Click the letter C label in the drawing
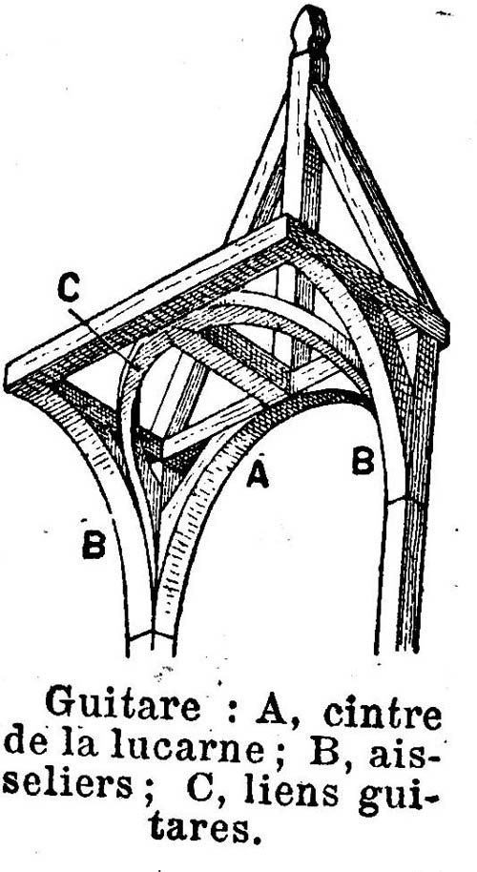[x=69, y=290]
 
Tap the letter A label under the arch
[x=258, y=475]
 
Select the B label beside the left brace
[x=93, y=545]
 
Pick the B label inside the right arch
[x=363, y=462]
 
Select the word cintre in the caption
[x=382, y=714]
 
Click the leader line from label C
[x=105, y=339]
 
